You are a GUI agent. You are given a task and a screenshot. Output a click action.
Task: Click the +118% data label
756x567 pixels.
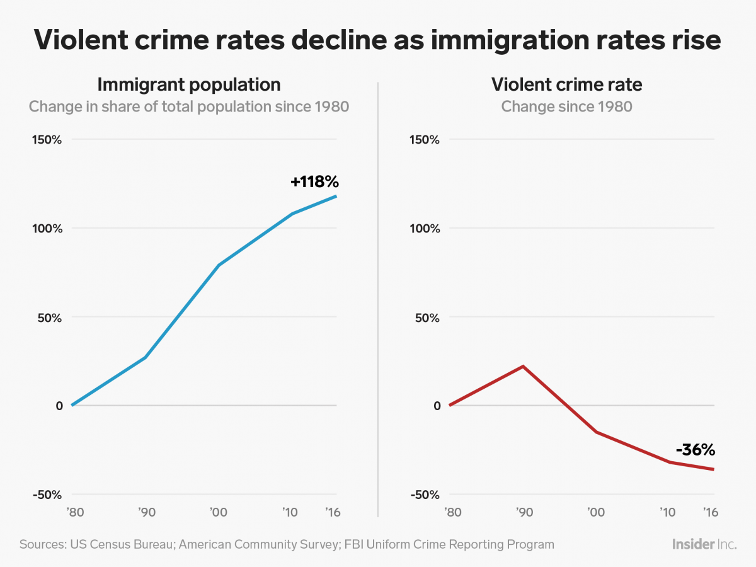[314, 182]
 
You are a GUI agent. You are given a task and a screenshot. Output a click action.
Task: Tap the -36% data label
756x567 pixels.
[695, 450]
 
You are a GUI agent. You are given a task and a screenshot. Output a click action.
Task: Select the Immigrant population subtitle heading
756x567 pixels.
[189, 84]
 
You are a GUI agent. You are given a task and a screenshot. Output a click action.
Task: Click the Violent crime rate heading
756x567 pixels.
[566, 84]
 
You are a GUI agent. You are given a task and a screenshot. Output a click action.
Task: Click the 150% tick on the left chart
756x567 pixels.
[47, 139]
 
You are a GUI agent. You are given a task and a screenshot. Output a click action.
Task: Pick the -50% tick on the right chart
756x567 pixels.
[425, 495]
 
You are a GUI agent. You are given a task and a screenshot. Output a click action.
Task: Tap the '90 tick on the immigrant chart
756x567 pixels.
[146, 512]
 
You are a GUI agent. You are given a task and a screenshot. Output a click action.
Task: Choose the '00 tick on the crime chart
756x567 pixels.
[596, 512]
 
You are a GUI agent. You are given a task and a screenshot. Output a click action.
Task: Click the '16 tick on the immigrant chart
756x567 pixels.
[332, 512]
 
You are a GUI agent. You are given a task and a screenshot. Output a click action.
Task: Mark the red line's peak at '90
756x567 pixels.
[523, 366]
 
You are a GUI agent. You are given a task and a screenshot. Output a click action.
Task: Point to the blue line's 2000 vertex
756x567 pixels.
[219, 265]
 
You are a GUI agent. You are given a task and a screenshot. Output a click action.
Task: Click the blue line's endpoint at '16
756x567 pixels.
[336, 196]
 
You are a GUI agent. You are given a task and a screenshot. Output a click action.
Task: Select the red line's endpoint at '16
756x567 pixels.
[714, 469]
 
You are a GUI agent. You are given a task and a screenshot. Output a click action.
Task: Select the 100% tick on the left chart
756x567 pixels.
[47, 228]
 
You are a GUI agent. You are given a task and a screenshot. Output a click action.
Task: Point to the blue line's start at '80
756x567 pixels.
[72, 405]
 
